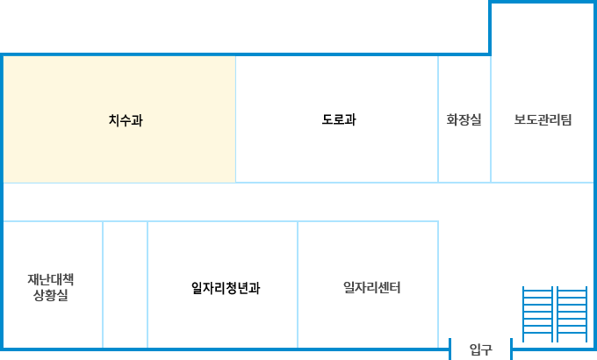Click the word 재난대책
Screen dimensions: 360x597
coord(51,280)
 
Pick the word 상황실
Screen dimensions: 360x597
coord(51,295)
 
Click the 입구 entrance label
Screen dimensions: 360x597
coord(480,350)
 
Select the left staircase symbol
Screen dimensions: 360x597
coord(536,313)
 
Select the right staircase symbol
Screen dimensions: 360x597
coord(572,313)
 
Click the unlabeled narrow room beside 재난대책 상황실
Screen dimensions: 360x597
coord(126,285)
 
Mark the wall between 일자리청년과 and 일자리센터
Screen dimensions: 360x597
coord(298,285)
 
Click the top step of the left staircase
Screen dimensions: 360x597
coord(536,291)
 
